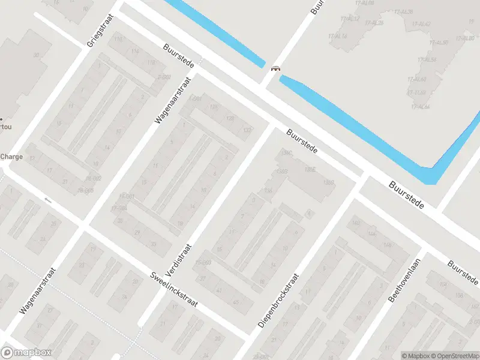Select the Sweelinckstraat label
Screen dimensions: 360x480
point(173,292)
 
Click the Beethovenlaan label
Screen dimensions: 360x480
point(406,280)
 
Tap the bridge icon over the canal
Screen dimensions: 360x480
point(275,69)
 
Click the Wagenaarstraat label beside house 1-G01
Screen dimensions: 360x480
point(172,101)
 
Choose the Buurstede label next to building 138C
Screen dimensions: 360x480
point(301,142)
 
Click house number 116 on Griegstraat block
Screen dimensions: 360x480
point(118,40)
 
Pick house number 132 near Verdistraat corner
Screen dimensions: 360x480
point(247,130)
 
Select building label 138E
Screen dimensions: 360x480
point(310,170)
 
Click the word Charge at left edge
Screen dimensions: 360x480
point(11,157)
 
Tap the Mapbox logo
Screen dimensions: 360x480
point(26,353)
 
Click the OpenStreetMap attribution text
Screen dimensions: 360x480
point(454,356)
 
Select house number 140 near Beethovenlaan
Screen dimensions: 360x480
point(356,223)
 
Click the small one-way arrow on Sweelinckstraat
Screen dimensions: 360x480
point(48,200)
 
